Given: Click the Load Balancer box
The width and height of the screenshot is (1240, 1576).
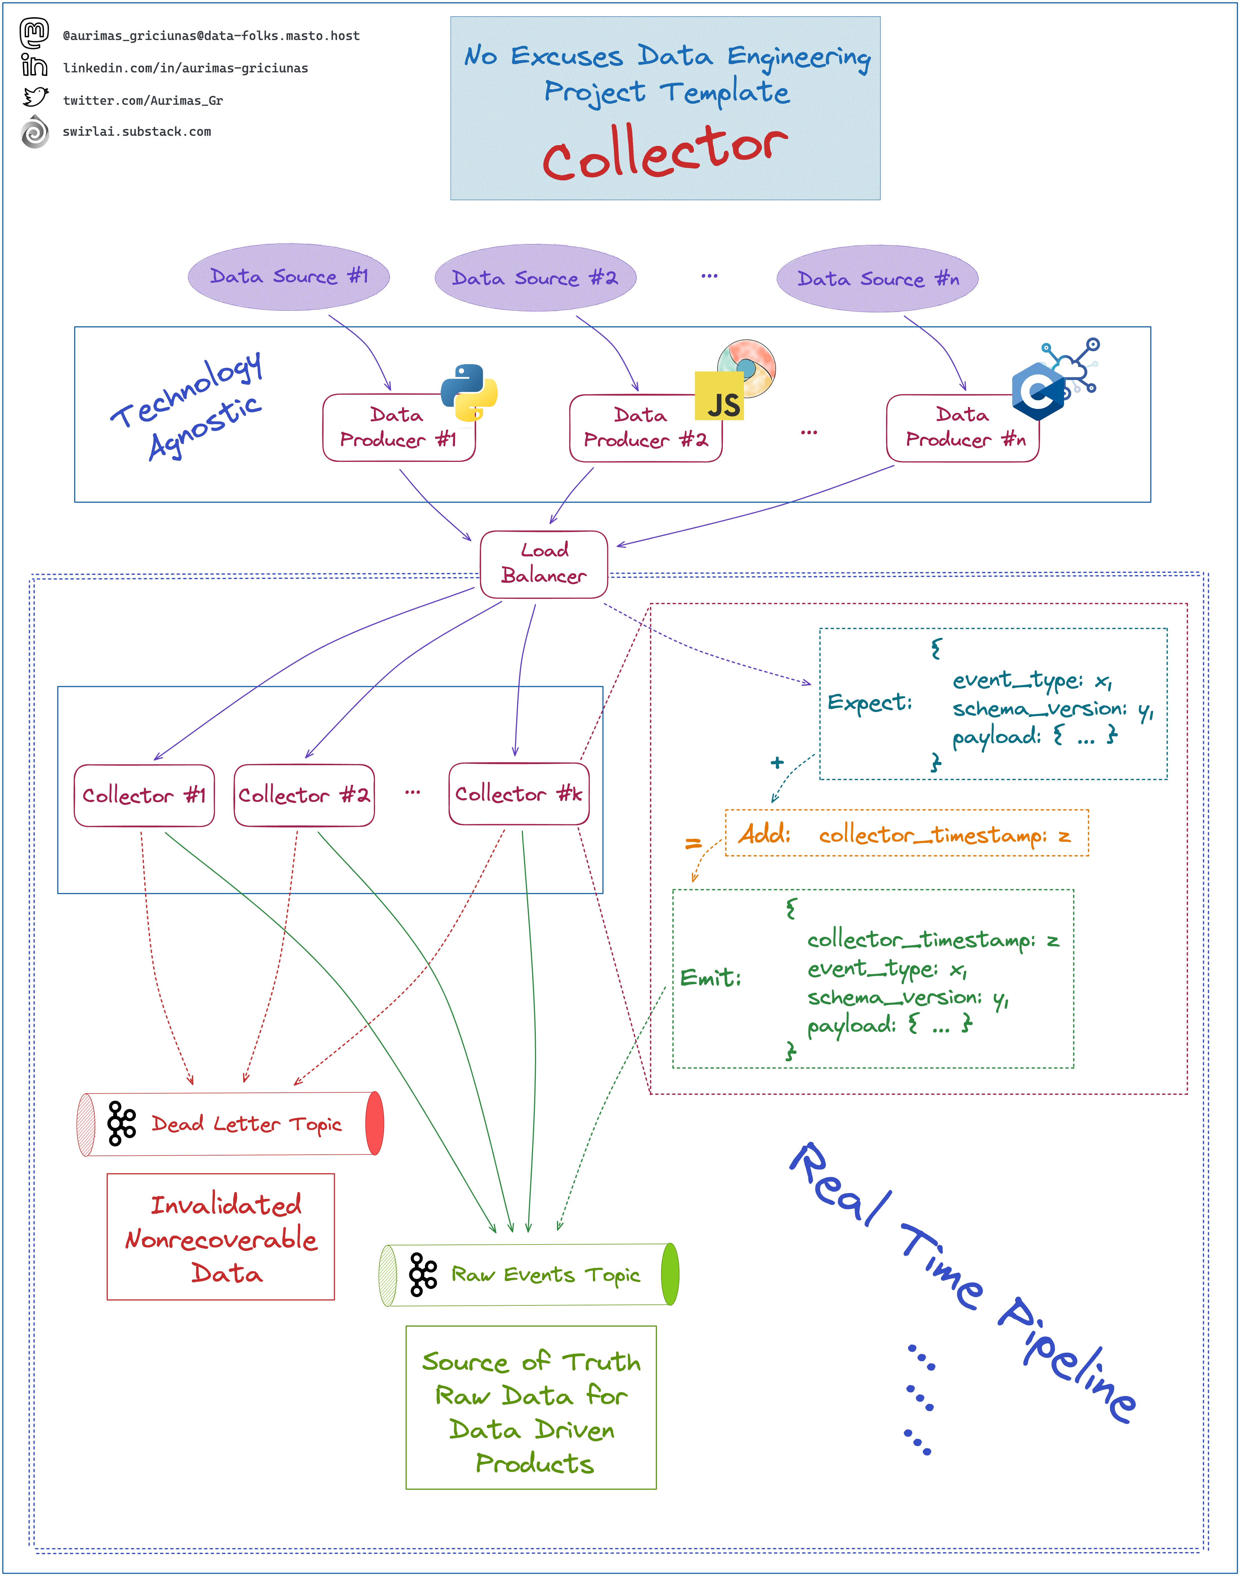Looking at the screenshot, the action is (x=544, y=564).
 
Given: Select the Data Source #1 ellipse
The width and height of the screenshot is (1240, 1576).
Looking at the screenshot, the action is (x=289, y=277).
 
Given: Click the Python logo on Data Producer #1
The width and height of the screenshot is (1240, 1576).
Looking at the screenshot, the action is (x=469, y=392).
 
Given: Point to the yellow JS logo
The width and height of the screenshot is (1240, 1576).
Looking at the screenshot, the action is (x=719, y=396).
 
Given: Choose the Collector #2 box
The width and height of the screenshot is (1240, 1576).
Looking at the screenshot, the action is (x=304, y=795).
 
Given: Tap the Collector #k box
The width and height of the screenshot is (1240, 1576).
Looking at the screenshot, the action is (x=519, y=794).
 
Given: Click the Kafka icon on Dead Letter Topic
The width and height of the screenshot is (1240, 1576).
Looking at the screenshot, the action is (x=121, y=1123).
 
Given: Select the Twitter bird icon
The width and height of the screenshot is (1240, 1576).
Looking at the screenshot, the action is (x=35, y=97).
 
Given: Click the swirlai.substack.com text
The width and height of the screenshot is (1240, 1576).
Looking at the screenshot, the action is (x=137, y=132).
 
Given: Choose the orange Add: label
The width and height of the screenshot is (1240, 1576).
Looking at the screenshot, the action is (x=764, y=834).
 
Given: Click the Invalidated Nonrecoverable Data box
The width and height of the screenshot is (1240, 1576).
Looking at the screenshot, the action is (x=221, y=1237).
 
